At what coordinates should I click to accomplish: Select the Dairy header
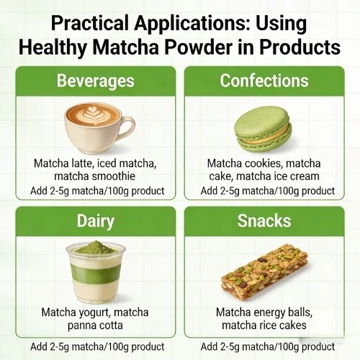tap(95, 222)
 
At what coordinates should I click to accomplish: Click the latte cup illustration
tap(96, 122)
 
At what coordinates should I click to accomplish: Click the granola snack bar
tap(266, 276)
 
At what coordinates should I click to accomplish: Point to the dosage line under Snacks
tap(267, 346)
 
